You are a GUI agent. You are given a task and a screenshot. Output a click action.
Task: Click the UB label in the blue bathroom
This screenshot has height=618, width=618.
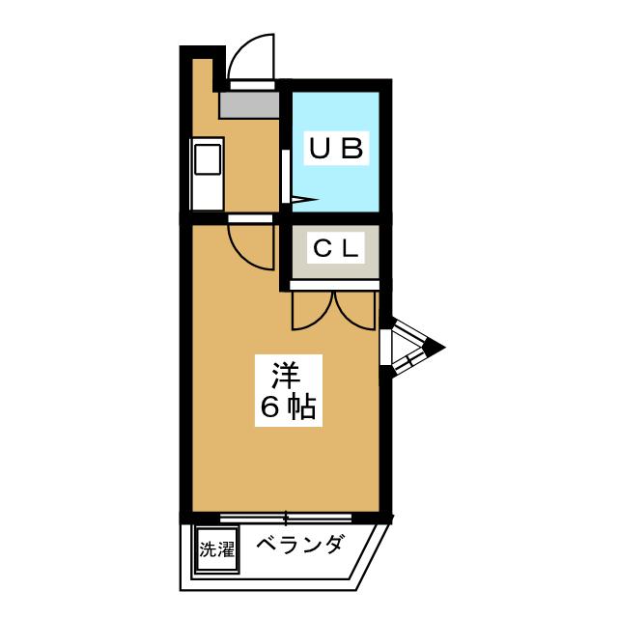tap(336, 148)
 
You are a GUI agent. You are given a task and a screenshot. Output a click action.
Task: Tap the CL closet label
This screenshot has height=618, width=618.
tap(336, 248)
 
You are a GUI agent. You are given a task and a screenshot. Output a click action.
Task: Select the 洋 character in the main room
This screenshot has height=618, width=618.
tap(287, 375)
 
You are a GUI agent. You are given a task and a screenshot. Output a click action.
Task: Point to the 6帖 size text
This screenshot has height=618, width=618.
tap(289, 407)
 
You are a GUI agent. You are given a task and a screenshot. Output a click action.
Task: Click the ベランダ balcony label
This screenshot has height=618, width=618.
tap(299, 546)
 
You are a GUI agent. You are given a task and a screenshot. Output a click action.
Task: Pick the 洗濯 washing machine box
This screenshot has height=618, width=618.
tap(216, 549)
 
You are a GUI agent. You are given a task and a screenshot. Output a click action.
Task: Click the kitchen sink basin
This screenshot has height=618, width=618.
tap(208, 159)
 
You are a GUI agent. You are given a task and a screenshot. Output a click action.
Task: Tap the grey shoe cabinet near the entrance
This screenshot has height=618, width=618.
tap(249, 105)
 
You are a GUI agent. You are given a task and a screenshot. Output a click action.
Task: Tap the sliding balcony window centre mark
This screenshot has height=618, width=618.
tap(287, 518)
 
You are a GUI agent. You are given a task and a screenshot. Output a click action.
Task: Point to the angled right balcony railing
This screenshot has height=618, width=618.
tap(371, 556)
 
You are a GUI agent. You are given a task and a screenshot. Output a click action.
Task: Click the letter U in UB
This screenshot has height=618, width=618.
tap(320, 148)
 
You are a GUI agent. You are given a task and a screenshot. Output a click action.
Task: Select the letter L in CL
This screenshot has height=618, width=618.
tap(351, 248)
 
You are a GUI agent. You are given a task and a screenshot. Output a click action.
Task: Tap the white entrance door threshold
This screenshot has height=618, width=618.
tap(252, 85)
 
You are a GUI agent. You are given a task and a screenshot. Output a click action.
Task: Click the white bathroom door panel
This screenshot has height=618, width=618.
tap(286, 177)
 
